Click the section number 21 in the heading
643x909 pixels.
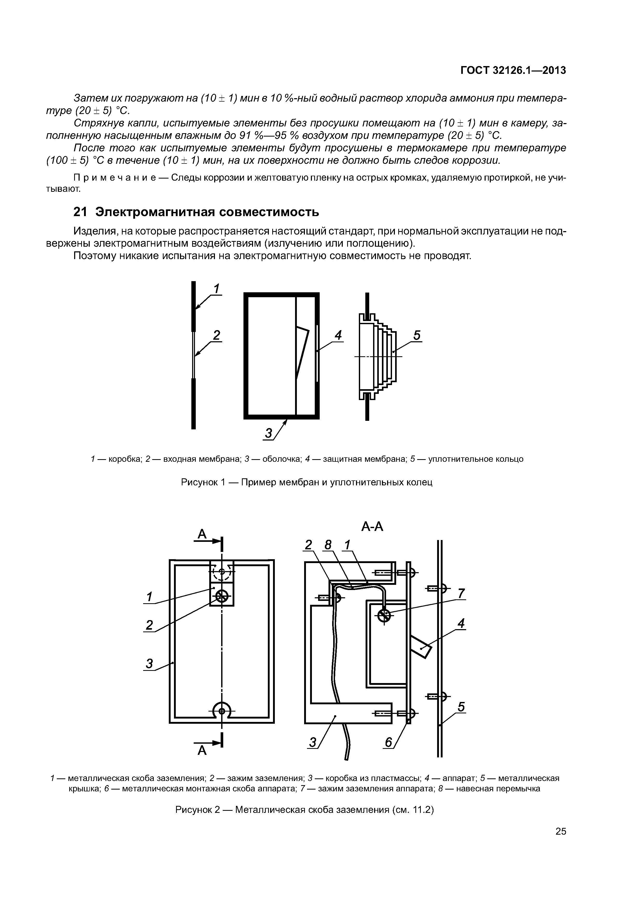pos(80,212)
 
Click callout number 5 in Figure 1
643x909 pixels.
pos(417,335)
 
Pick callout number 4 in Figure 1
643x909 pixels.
pos(338,335)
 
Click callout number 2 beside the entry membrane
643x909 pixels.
pos(216,335)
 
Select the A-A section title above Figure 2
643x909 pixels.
pos(372,527)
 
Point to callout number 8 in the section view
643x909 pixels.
pos(328,545)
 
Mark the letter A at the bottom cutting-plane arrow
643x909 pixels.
pos(202,750)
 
